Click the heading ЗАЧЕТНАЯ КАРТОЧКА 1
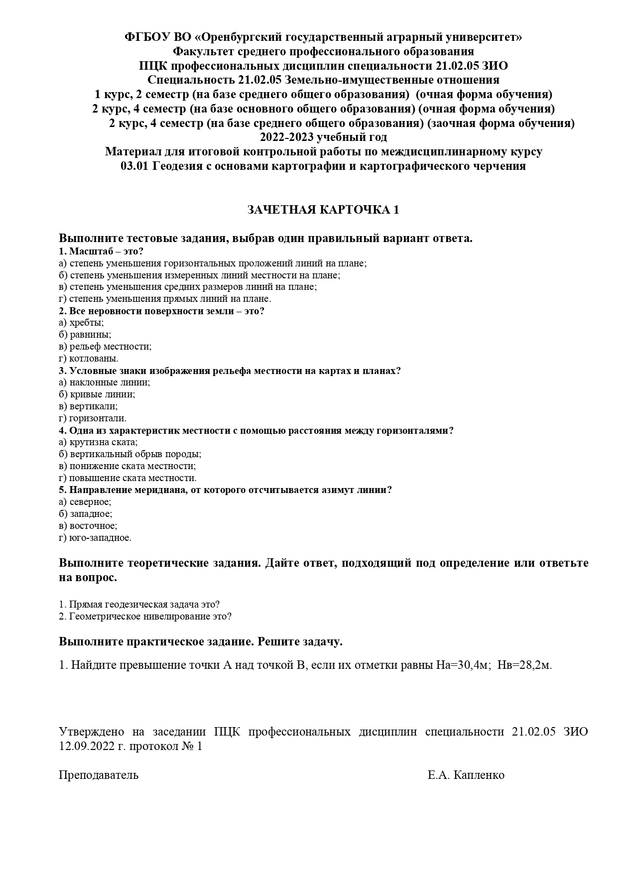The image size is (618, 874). [323, 210]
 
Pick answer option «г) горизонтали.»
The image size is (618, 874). [93, 418]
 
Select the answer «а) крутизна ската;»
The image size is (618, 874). [98, 442]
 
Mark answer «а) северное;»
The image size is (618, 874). [85, 502]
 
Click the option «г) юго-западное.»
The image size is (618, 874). [95, 538]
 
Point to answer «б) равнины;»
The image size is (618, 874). [85, 335]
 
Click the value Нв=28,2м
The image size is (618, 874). [525, 665]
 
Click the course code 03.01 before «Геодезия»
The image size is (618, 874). [134, 166]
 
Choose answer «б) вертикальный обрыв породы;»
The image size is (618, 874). [130, 454]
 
